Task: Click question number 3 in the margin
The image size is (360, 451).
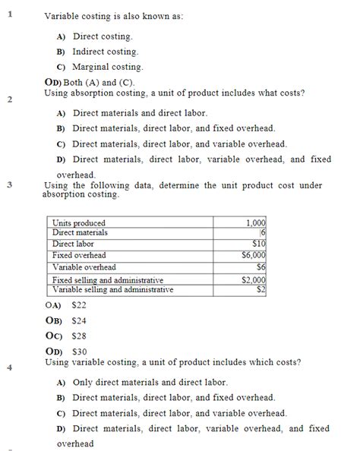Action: tap(10, 184)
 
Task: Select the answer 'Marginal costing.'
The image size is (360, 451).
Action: tap(107, 67)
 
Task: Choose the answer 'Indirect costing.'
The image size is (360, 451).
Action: tap(105, 52)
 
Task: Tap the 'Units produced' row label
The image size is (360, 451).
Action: tap(79, 223)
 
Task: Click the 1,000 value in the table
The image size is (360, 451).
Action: tap(257, 223)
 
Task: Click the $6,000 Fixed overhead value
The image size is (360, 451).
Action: tap(252, 256)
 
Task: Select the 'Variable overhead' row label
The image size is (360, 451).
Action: tap(84, 267)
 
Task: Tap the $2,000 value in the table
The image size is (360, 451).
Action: tap(252, 280)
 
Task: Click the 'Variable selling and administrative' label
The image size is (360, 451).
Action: tap(112, 289)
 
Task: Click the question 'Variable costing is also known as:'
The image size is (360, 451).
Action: tap(113, 16)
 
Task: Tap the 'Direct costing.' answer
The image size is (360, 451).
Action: tap(103, 36)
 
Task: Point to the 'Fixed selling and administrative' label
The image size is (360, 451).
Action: tap(108, 280)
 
